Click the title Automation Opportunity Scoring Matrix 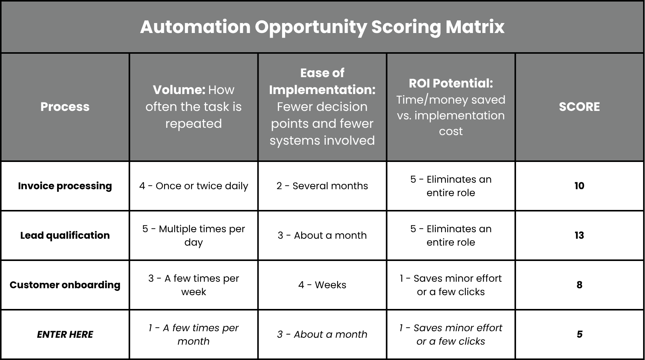coord(322,27)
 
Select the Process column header coord(65,107)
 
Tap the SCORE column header coord(579,107)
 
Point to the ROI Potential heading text coord(451,83)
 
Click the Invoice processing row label coord(65,186)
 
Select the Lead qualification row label coord(65,235)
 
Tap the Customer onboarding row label coord(65,285)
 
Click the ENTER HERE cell coord(65,334)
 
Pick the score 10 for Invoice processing coord(579,186)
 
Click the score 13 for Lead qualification coord(579,235)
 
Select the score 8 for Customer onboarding coord(579,285)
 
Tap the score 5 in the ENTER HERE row coord(579,334)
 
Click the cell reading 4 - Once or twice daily coord(193,186)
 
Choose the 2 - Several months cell coord(322,186)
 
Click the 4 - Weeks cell coord(322,285)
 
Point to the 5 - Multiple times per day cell coord(193,235)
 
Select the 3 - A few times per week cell coord(193,285)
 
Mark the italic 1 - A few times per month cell coord(193,334)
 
